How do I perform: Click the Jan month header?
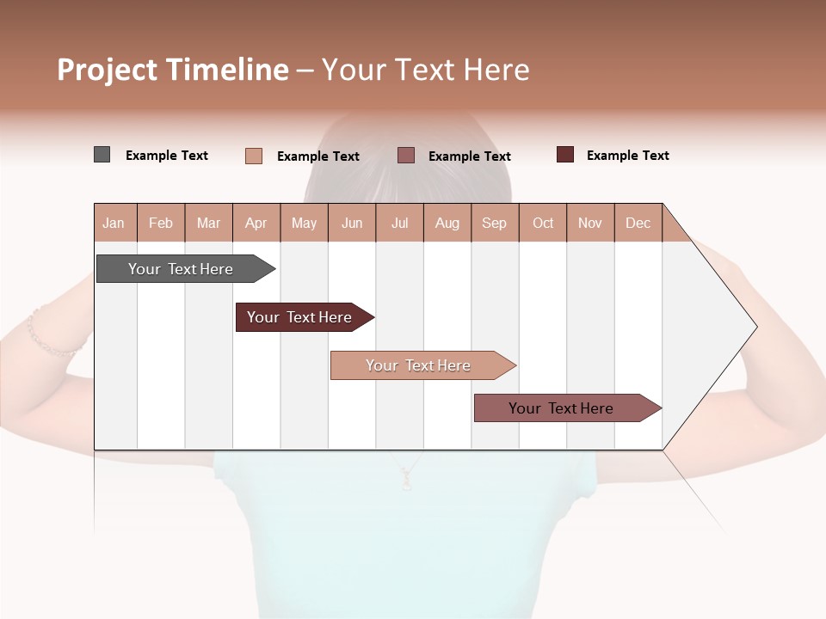114,223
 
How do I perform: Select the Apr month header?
256,223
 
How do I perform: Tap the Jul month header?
399,223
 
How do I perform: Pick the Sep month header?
495,223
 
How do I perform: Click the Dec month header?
638,223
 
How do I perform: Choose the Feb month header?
161,223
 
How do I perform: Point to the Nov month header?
590,223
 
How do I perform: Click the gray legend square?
102,155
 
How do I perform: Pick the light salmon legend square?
253,156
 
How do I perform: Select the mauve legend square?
406,155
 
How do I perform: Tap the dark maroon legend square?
565,155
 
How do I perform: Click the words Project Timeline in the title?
173,70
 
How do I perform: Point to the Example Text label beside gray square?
167,156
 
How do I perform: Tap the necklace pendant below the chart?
406,483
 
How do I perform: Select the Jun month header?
352,223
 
